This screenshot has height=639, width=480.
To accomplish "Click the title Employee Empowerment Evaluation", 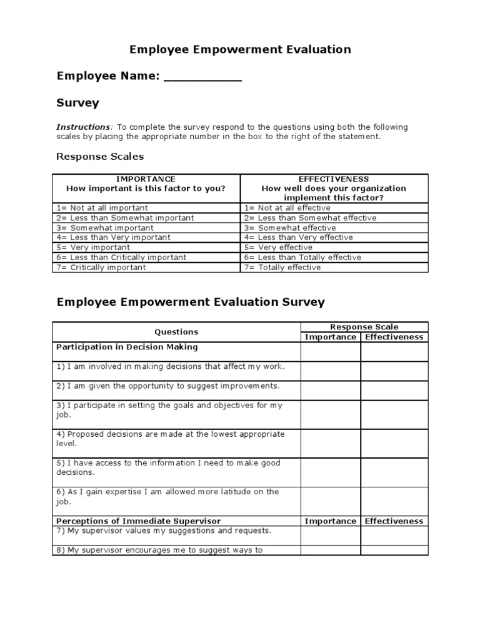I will pyautogui.click(x=240, y=49).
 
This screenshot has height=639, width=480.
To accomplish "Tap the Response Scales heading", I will pyautogui.click(x=100, y=156).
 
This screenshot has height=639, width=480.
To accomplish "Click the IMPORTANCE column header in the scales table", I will pyautogui.click(x=146, y=178).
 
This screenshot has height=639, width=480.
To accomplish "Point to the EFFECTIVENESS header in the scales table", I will pyautogui.click(x=334, y=178).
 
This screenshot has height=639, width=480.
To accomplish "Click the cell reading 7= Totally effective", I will pyautogui.click(x=282, y=267).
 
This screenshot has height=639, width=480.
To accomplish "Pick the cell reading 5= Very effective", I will pyautogui.click(x=278, y=247).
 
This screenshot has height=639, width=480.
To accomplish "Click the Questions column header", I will pyautogui.click(x=176, y=332).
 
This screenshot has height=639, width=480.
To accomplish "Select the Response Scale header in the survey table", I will pyautogui.click(x=364, y=327).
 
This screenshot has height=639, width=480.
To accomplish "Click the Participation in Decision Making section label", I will pyautogui.click(x=127, y=347).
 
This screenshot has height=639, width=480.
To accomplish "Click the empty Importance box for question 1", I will pyautogui.click(x=331, y=371).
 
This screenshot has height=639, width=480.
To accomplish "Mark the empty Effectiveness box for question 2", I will pyautogui.click(x=394, y=391).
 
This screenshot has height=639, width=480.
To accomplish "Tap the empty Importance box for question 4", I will pyautogui.click(x=331, y=443).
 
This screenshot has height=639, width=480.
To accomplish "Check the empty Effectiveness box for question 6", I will pyautogui.click(x=394, y=500).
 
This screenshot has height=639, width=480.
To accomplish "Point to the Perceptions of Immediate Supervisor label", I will pyautogui.click(x=138, y=521).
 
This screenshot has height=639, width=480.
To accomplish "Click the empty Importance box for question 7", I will pyautogui.click(x=331, y=535).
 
